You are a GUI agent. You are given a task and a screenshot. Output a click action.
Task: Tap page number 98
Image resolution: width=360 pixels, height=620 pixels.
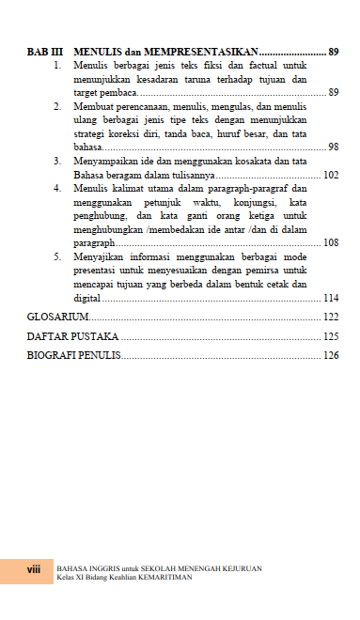pyautogui.click(x=333, y=147)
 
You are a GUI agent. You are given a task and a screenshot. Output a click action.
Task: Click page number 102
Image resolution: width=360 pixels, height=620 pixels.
pyautogui.click(x=330, y=175)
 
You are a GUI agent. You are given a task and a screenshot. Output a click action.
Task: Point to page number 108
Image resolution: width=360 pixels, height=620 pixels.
pyautogui.click(x=330, y=242)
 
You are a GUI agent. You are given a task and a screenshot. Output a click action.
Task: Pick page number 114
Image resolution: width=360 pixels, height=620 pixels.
pyautogui.click(x=330, y=297)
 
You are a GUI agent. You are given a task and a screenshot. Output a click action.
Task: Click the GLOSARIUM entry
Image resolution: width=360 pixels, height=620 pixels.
pyautogui.click(x=57, y=318)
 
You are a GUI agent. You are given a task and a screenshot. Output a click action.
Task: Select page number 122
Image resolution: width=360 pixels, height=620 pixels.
pyautogui.click(x=330, y=318)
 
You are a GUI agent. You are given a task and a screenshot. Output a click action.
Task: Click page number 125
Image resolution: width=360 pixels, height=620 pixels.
pyautogui.click(x=330, y=336)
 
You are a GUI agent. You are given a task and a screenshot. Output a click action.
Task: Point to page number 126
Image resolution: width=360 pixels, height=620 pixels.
pyautogui.click(x=330, y=355)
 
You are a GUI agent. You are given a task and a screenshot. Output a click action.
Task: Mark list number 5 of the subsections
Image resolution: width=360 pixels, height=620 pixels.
pyautogui.click(x=58, y=256)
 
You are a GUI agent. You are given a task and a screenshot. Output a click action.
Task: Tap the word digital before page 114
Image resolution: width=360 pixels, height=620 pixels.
pyautogui.click(x=86, y=297)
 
